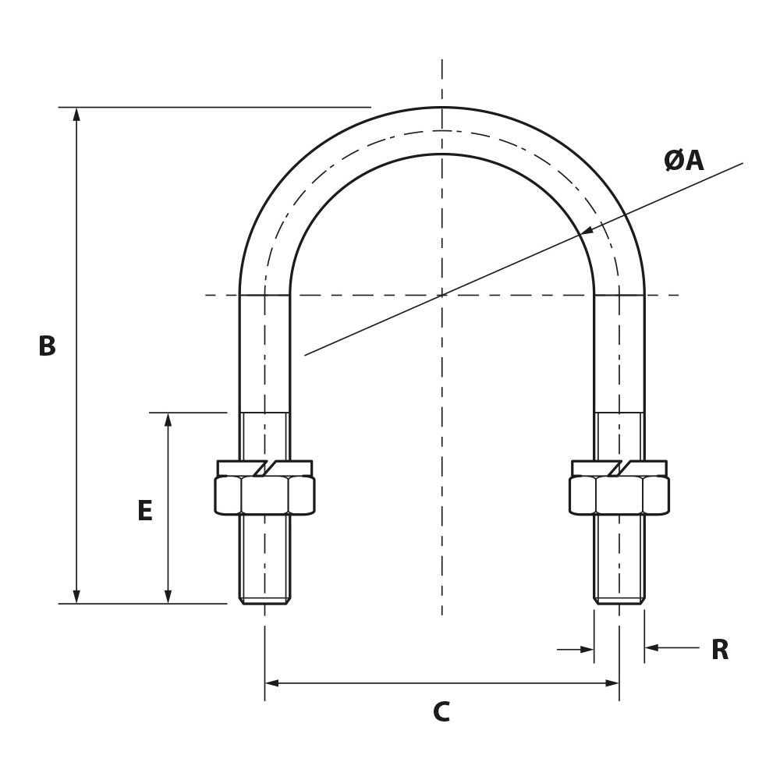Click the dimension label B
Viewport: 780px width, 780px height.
coord(47,346)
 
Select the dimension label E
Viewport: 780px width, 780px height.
coord(145,511)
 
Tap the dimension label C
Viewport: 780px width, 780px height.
coord(441,711)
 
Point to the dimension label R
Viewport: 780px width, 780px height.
coord(719,650)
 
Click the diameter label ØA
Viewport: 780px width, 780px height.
coord(683,161)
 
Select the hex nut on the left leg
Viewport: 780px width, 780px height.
coord(264,495)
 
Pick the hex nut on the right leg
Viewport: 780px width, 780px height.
coord(619,495)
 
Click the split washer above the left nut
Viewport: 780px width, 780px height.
coord(264,468)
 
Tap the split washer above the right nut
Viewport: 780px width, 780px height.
coord(619,468)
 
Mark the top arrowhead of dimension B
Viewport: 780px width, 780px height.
coord(76,114)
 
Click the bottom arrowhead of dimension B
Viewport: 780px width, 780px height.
coord(76,597)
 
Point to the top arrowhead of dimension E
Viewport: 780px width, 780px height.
coord(168,420)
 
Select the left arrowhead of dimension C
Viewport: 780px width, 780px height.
coord(271,683)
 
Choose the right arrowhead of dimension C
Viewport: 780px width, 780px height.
coord(612,683)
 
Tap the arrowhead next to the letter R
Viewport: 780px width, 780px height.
coord(651,647)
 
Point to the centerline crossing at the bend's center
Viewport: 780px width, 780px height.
coord(442,295)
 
